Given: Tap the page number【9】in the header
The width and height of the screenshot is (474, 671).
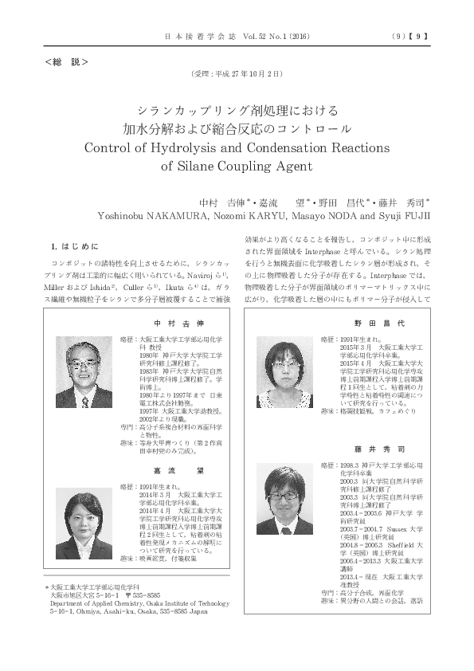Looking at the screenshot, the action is tap(421, 36).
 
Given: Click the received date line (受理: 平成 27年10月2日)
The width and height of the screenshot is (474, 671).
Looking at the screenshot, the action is tap(237, 74).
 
